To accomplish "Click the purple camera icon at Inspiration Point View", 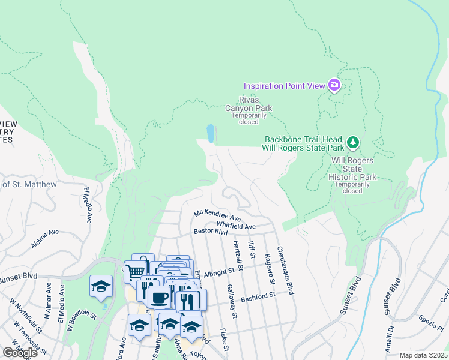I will tap(334, 85).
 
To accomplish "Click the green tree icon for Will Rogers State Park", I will tap(354, 142).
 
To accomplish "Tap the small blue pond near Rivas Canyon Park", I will tap(210, 133).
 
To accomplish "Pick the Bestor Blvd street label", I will tap(210, 231).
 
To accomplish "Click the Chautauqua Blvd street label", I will tap(284, 270).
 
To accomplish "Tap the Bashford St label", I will tap(258, 296).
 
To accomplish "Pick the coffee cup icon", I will tap(159, 297).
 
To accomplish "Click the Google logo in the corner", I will tap(19, 352).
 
